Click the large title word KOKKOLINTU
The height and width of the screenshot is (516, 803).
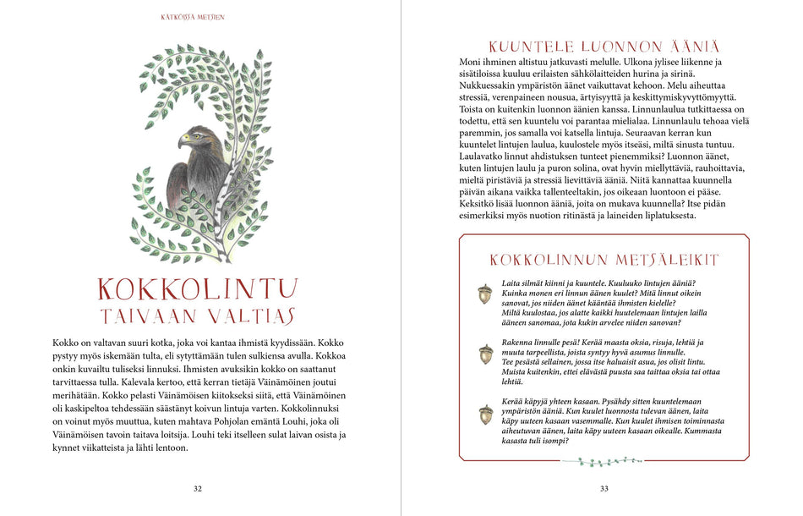[198, 289]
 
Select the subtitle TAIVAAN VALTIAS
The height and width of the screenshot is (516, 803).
[198, 316]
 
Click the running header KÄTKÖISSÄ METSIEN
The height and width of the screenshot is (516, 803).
[193, 16]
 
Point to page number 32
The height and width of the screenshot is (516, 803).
[198, 488]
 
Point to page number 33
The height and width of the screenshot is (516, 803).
[604, 488]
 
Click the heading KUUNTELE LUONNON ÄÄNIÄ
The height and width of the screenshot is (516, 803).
[604, 47]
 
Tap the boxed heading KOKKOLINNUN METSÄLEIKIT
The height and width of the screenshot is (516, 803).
[604, 260]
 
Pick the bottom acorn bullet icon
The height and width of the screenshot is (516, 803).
[485, 414]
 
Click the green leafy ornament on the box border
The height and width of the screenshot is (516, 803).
[604, 461]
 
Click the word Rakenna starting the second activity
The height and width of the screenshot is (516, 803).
[519, 342]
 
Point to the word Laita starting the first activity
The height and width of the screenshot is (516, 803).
[511, 283]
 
